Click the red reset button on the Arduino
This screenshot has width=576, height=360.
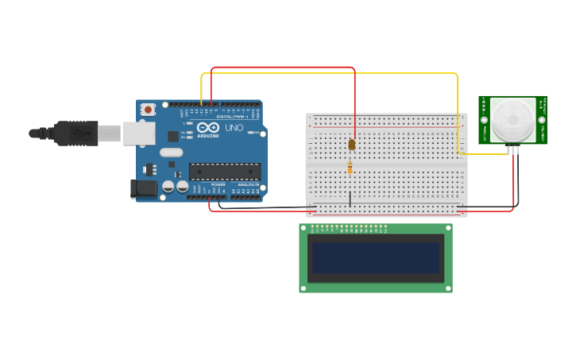point(148,110)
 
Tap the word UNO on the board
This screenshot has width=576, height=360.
point(234,128)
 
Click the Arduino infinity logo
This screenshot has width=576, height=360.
point(208,127)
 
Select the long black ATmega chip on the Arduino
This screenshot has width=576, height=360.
point(224,171)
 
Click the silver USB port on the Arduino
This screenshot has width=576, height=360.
point(139,133)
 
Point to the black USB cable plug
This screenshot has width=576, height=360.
point(75,133)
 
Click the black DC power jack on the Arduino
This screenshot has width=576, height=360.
point(143,188)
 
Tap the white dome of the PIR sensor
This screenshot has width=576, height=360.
point(512,119)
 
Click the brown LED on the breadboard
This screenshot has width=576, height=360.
point(352,145)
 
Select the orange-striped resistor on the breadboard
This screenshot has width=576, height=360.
point(350,168)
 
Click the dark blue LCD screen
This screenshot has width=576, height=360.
point(376,258)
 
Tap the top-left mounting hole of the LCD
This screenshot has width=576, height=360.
point(303,228)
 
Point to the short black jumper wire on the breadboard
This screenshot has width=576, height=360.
point(350,199)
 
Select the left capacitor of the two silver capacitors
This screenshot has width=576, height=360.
point(168,187)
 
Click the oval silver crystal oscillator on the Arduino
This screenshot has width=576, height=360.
point(171,153)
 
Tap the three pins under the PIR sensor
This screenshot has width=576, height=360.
point(513,149)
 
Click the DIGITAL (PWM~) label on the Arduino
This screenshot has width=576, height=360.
point(231,117)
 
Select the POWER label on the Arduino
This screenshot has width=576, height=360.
point(218,184)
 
